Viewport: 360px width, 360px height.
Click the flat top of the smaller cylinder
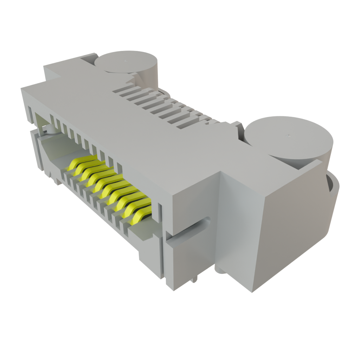pyautogui.click(x=126, y=62)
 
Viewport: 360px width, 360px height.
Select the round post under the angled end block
pyautogui.click(x=220, y=270)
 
